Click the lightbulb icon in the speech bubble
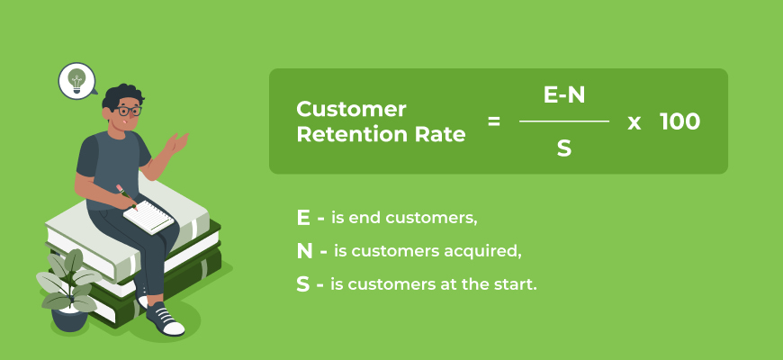[77, 79]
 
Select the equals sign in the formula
[493, 121]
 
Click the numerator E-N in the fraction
[564, 95]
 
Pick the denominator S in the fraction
[564, 148]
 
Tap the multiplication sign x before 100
[634, 121]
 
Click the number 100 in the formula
[679, 121]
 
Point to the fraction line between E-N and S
[564, 121]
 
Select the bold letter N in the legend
[304, 251]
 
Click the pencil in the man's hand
[124, 194]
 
